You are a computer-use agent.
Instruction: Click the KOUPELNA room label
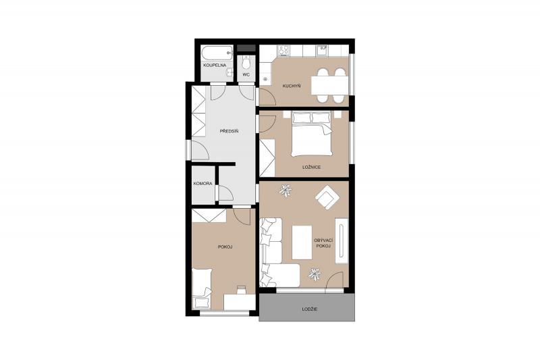tap(214, 65)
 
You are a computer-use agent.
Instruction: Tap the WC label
tap(246, 74)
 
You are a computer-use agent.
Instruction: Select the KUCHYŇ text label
tap(292, 86)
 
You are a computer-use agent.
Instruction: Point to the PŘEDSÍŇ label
tap(229, 131)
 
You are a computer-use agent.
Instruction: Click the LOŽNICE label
tap(311, 167)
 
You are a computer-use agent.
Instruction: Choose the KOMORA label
tap(203, 184)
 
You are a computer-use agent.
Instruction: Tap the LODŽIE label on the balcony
tap(310, 309)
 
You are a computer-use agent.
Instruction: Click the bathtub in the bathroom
tap(217, 53)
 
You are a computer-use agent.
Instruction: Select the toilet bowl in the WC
tap(246, 62)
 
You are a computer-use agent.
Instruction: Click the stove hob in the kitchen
tap(283, 51)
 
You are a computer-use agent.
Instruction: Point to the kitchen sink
tap(322, 51)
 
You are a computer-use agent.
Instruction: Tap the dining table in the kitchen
tap(330, 85)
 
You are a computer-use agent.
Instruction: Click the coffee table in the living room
tap(302, 242)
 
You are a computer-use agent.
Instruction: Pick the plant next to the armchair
tap(285, 190)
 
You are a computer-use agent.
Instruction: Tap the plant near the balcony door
tap(315, 274)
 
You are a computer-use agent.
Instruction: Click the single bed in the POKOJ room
tap(201, 288)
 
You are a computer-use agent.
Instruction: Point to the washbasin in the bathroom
tap(230, 72)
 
